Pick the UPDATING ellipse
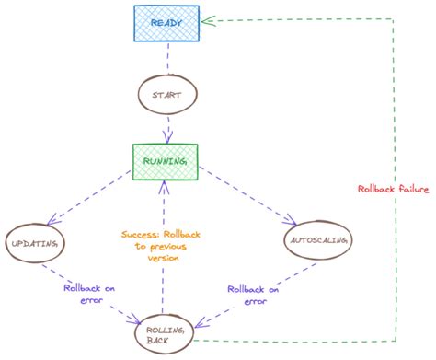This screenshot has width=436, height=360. point(35,242)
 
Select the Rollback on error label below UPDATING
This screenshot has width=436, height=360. point(90,294)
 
